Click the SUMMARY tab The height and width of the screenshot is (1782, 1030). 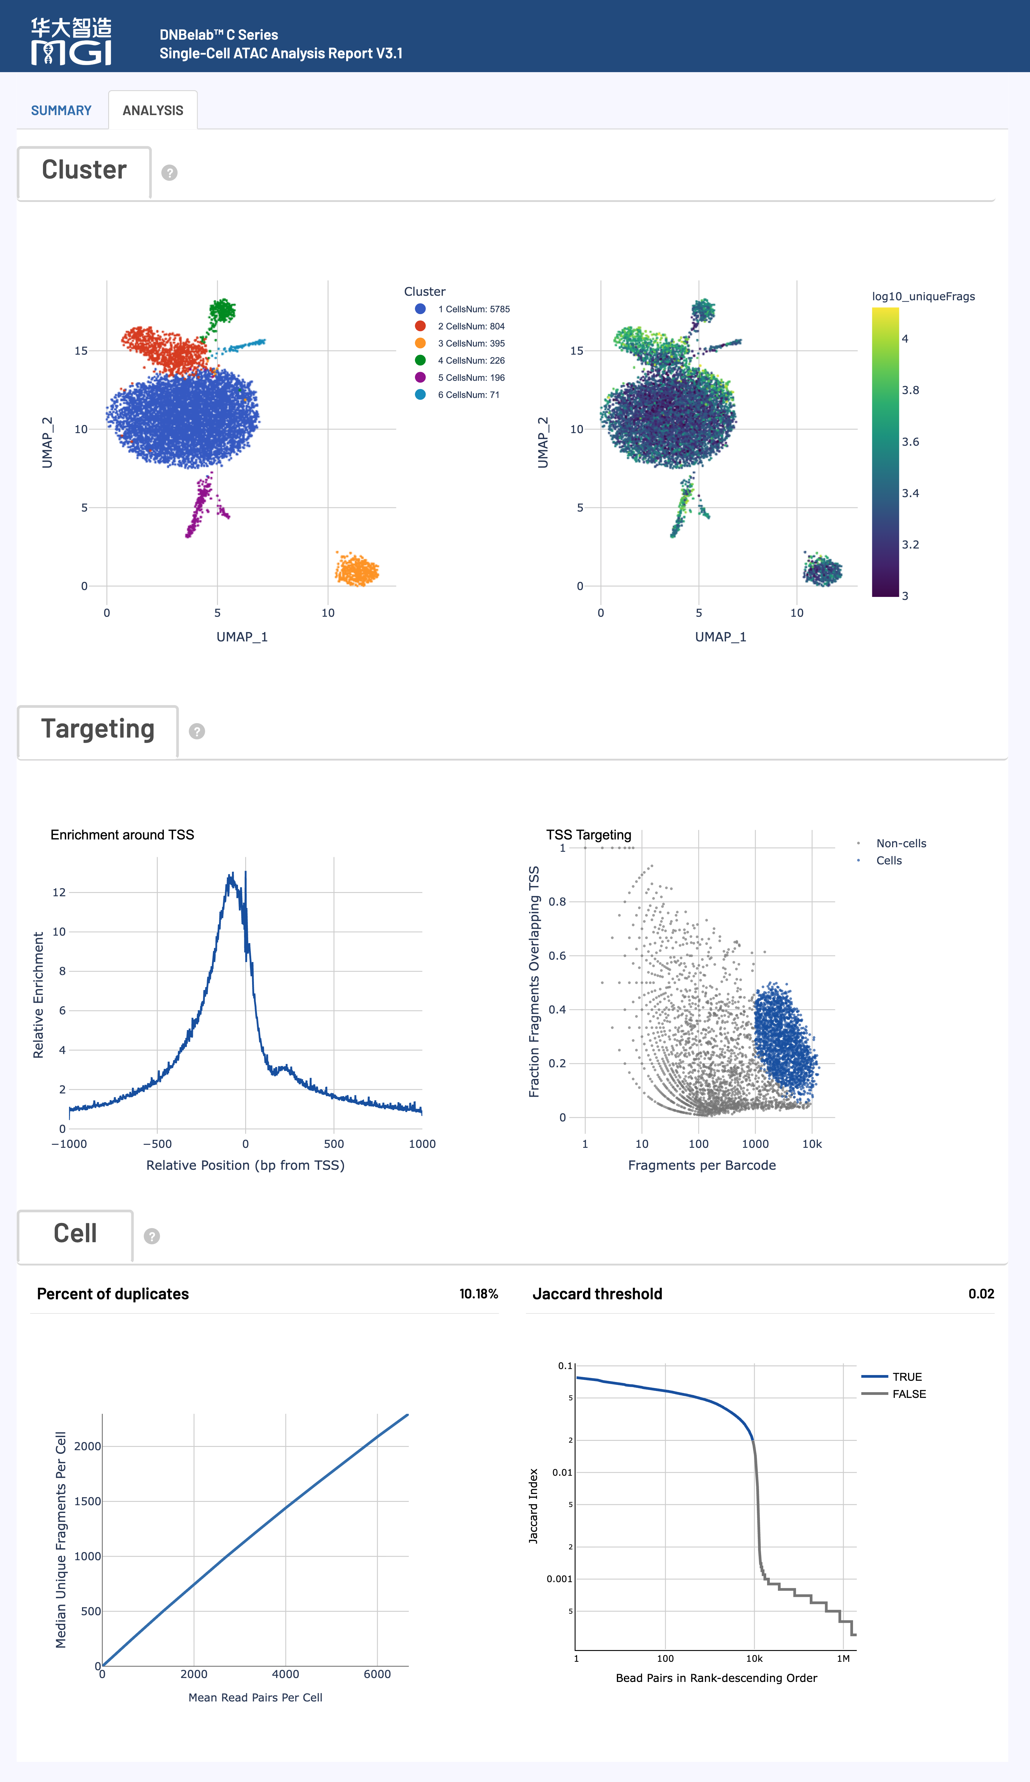[61, 110]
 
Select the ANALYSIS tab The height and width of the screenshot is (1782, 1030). [153, 110]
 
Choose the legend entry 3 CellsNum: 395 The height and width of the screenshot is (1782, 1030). [471, 343]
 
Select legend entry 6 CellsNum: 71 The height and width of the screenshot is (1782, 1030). [468, 395]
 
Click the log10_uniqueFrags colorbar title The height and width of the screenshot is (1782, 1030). [923, 296]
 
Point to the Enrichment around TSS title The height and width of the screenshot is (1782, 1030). [122, 834]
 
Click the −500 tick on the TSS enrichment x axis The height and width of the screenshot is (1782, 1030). [157, 1143]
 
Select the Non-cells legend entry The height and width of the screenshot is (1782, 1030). [900, 843]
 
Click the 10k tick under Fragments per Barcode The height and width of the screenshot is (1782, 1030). [812, 1143]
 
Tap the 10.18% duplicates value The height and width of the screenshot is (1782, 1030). [479, 1293]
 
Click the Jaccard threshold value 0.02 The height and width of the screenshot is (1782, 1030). [980, 1293]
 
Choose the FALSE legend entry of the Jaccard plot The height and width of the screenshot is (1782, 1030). [908, 1394]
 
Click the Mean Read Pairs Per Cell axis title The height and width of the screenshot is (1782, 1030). [255, 1697]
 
